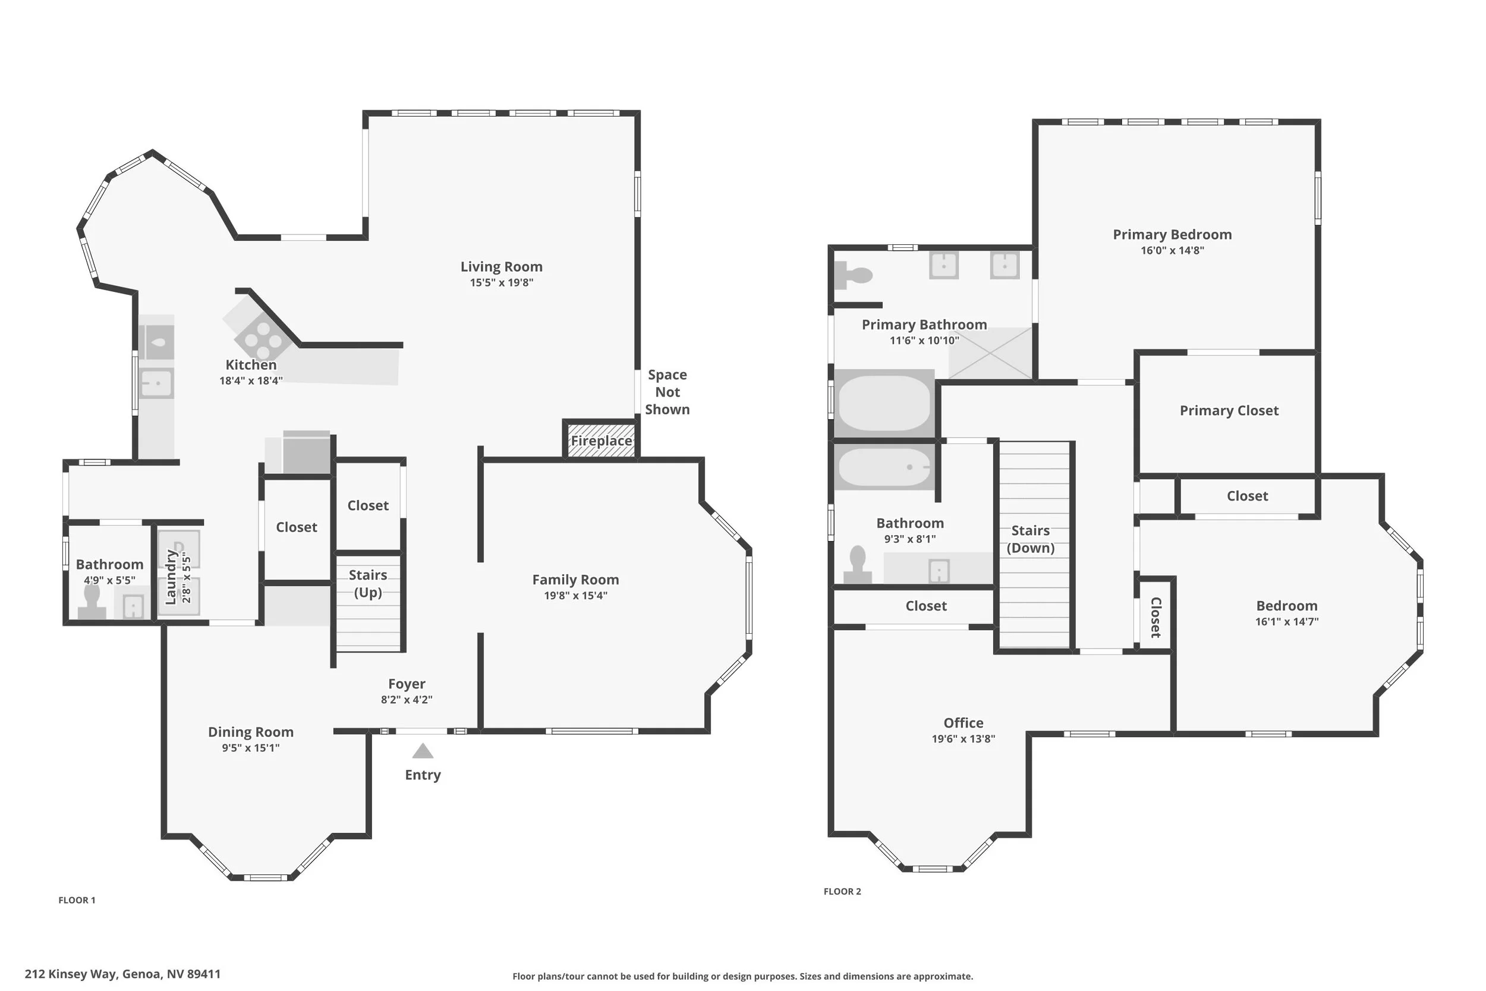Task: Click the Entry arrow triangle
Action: (x=423, y=751)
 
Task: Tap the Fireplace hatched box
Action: (x=601, y=440)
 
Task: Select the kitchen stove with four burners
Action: (x=263, y=339)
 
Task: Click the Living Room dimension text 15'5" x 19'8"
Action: (x=502, y=282)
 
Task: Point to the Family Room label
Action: (x=575, y=580)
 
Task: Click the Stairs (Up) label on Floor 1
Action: (x=368, y=583)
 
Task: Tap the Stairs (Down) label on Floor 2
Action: (x=1031, y=539)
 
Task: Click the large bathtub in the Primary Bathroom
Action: (x=884, y=403)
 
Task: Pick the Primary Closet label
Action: (x=1229, y=411)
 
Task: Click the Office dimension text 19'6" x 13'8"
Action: (x=964, y=739)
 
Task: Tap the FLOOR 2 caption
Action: (x=842, y=891)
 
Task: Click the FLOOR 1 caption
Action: (x=77, y=900)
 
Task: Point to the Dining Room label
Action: (x=251, y=732)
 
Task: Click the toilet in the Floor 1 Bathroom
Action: (x=92, y=602)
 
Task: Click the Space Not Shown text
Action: (x=667, y=392)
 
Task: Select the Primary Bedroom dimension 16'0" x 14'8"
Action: (x=1172, y=250)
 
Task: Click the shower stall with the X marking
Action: (x=990, y=353)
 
